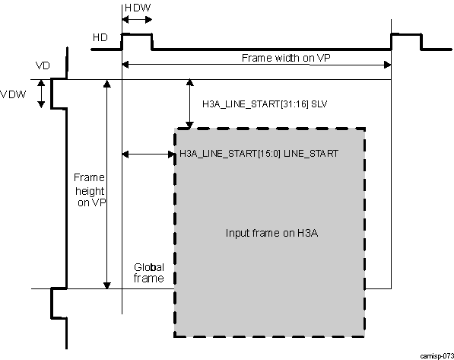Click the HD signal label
(x=99, y=37)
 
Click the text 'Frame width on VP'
(x=281, y=58)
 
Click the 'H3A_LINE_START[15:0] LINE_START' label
(x=259, y=153)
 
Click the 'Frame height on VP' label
(x=89, y=190)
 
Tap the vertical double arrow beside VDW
(x=43, y=94)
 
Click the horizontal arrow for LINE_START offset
(x=148, y=154)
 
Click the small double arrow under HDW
(x=137, y=21)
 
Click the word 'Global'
(x=150, y=267)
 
